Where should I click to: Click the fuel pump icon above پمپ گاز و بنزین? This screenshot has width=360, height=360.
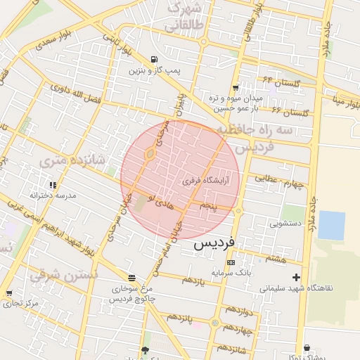pos(154,60)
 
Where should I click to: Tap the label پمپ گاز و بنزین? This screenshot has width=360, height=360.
pos(155,71)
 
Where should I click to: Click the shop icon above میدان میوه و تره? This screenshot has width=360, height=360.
pos(236,87)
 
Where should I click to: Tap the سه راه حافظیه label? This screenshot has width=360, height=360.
pos(264,131)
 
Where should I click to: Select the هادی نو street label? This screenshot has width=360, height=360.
pos(161,202)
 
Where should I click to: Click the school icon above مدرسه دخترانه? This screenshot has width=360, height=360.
pos(34,181)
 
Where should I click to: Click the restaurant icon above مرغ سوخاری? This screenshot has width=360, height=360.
pos(131,277)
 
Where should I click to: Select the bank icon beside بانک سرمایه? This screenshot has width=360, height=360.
pos(231,262)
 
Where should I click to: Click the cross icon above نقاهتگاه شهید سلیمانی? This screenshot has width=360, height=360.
pos(296,277)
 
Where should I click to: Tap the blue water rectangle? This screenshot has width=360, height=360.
pos(332,226)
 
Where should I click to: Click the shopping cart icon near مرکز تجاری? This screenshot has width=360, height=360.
pos(9,293)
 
